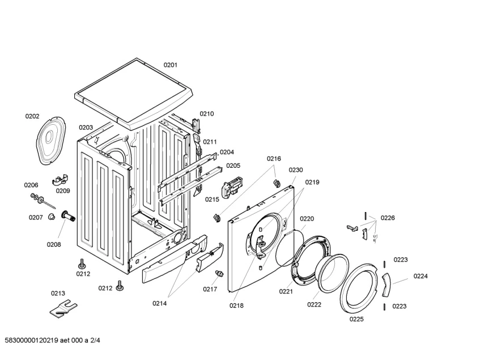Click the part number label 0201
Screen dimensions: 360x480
(171, 65)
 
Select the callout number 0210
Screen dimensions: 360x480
(207, 114)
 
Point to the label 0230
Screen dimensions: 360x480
(296, 170)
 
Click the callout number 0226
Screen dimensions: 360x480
(388, 218)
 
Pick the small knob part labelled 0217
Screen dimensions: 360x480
(219, 274)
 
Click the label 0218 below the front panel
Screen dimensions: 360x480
(236, 306)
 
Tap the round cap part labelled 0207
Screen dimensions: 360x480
(51, 217)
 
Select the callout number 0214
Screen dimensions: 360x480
(159, 303)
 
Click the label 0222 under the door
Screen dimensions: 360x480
(314, 304)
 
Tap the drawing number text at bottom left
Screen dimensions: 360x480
(52, 340)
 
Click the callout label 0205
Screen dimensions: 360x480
(233, 166)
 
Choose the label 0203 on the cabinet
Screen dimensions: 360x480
(86, 128)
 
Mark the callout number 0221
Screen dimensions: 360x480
(286, 291)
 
